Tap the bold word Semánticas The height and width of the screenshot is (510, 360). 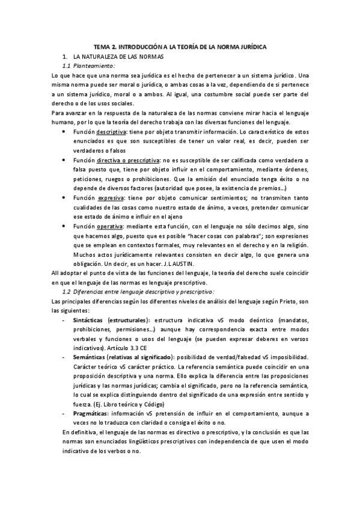tap(91, 357)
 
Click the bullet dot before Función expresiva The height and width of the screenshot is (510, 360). tap(65, 198)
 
